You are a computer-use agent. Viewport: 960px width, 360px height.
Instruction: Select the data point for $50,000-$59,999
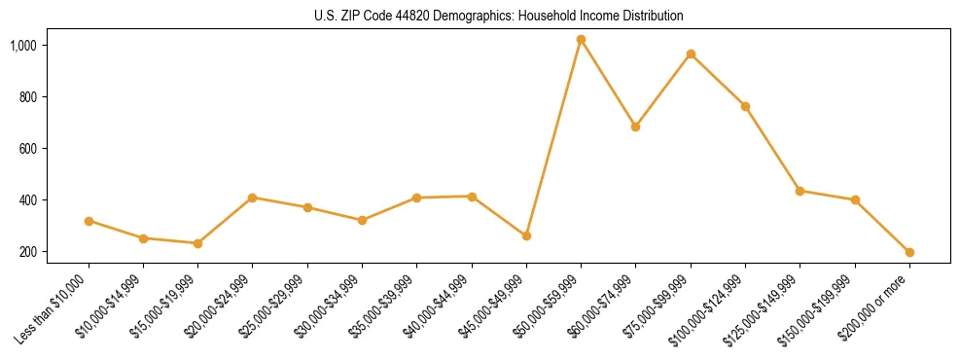[581, 40]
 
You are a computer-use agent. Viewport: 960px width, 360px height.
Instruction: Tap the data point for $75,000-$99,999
[691, 54]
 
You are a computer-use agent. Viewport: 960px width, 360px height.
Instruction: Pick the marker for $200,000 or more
[909, 252]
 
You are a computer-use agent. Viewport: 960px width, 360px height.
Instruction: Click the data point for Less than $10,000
[89, 221]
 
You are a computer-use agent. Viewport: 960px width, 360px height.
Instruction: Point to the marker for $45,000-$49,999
[526, 235]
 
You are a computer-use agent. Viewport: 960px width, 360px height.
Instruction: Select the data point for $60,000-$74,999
[635, 126]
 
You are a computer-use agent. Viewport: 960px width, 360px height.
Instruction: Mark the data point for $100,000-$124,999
[745, 106]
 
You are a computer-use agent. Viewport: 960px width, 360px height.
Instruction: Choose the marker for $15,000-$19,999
[197, 243]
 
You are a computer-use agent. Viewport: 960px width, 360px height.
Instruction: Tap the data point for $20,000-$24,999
[252, 198]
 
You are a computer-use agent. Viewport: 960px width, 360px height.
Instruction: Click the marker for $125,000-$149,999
[800, 191]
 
